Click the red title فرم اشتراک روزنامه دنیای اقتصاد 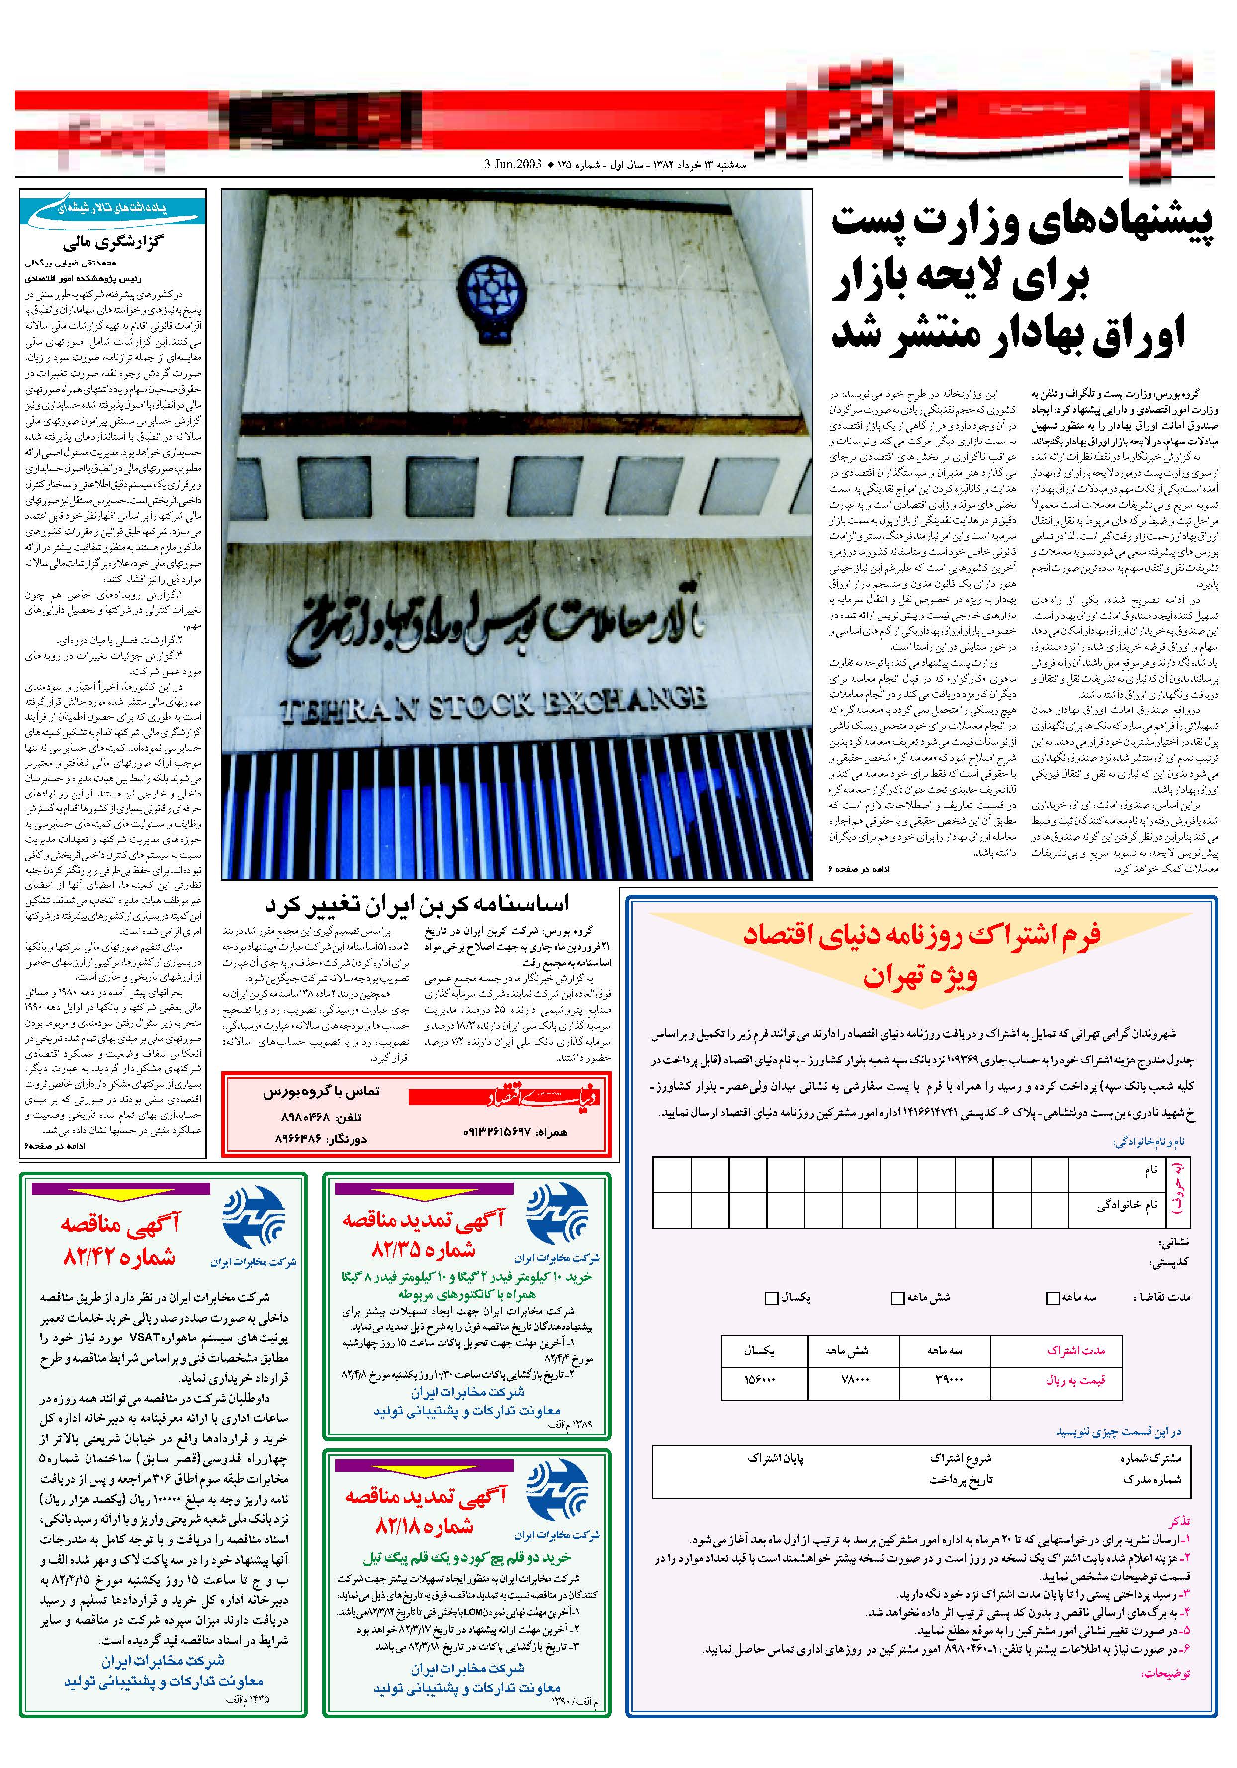pos(921,935)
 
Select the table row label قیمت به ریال pos(1074,1380)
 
